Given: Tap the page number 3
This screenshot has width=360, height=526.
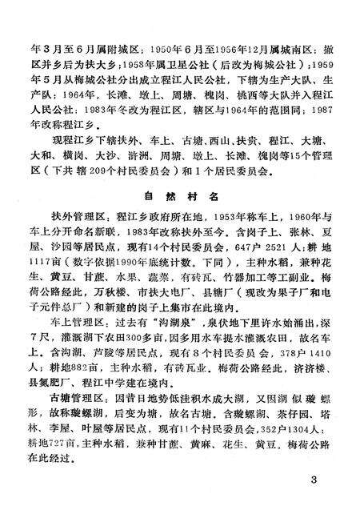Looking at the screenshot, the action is [314, 481].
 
